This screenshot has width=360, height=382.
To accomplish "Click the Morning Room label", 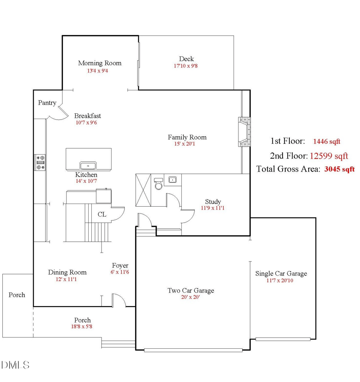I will coord(99,63).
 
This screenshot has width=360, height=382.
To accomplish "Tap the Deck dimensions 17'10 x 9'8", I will coord(186,66).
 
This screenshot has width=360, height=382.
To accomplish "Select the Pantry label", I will coord(47,103).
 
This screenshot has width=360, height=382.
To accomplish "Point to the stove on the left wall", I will coord(40,162).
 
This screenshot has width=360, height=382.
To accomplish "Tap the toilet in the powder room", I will coord(158,184).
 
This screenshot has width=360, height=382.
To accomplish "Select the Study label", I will coord(213,202).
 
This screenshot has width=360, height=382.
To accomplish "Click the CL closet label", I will coord(102,215).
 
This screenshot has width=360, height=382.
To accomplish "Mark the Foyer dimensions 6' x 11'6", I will coord(120,272).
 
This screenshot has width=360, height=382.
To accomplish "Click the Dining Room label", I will coord(67,272).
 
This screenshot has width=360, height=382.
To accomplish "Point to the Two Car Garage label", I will coord(191,291).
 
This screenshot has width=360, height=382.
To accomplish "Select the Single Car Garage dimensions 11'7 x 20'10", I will coord(281,281).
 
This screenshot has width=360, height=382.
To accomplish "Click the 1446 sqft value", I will coord(327,142).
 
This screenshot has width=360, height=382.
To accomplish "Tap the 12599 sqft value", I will coord(328,156).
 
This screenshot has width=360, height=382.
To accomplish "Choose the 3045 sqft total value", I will coord(339,169).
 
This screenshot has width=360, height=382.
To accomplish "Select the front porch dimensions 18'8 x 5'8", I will coord(82,327).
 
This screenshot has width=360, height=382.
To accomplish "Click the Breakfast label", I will coord(87,116).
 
